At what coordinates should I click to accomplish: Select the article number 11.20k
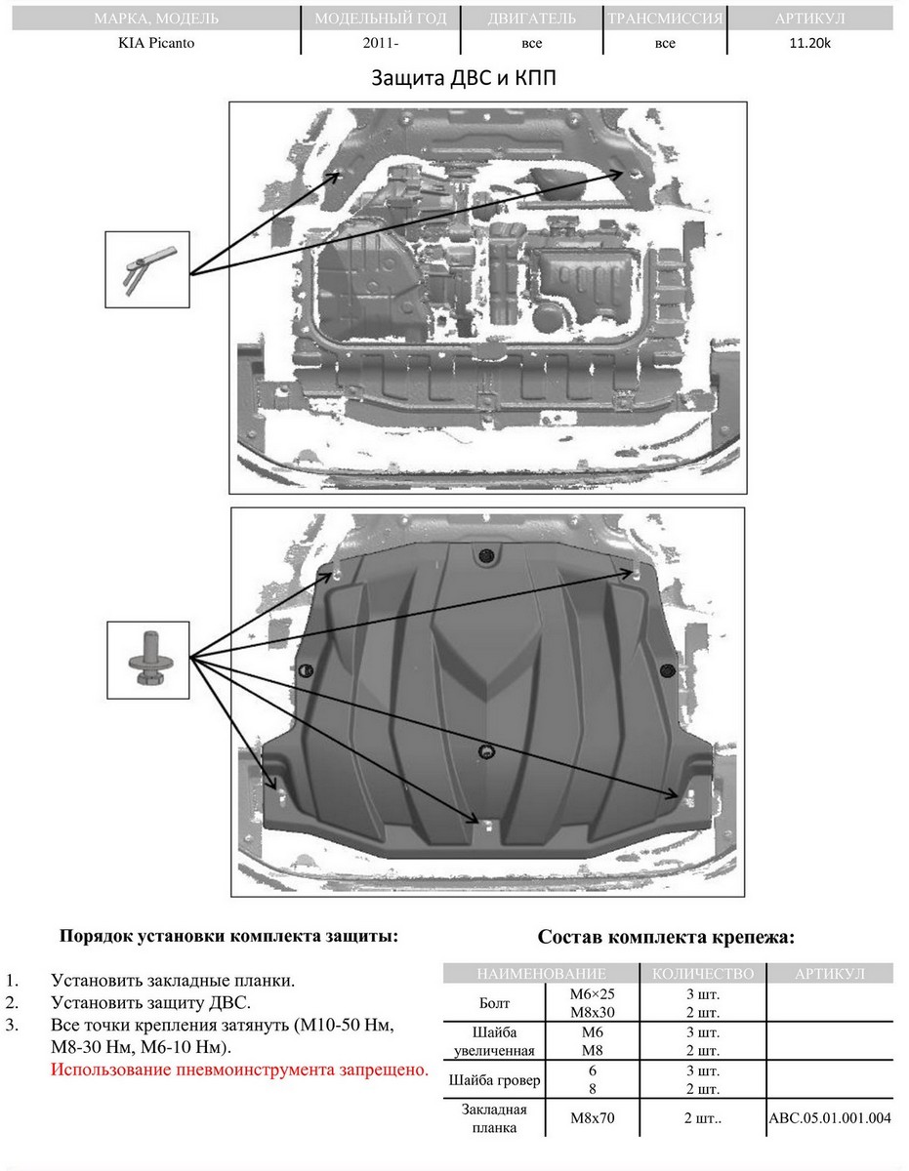tap(810, 43)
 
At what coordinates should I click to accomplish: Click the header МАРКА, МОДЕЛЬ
tap(156, 19)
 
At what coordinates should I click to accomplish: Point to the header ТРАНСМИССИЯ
tap(665, 19)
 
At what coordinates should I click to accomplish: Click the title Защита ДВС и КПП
tap(464, 78)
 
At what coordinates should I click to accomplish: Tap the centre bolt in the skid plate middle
tap(486, 749)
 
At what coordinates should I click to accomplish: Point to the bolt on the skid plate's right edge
tap(667, 669)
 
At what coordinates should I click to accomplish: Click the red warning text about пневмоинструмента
tap(240, 1069)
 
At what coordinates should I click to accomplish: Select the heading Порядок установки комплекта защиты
tap(229, 935)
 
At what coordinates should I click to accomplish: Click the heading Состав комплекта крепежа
tap(667, 938)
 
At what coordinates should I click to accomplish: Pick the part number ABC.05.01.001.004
tap(830, 1117)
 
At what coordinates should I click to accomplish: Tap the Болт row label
tap(494, 1002)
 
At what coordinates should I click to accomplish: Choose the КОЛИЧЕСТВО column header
tap(703, 973)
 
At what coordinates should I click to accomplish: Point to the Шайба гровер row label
tap(494, 1080)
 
